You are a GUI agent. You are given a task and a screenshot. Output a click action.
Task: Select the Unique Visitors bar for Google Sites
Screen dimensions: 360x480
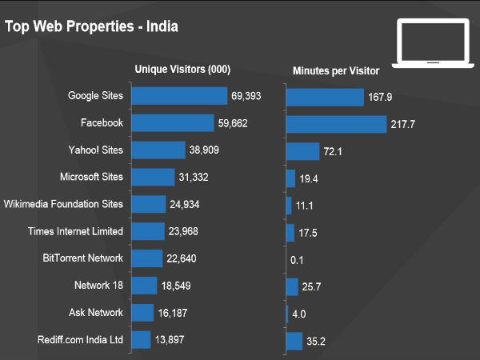click(x=179, y=96)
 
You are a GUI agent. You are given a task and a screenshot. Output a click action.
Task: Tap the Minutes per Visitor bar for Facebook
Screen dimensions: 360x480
click(x=336, y=124)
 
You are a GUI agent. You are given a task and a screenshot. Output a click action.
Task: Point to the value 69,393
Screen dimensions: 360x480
click(x=246, y=96)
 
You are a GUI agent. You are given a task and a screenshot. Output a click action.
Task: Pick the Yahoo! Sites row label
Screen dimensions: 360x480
click(x=96, y=150)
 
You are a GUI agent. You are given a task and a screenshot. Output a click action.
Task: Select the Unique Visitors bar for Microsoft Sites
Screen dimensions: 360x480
click(x=153, y=177)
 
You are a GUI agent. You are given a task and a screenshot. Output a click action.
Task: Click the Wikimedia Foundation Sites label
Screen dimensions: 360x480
click(x=64, y=204)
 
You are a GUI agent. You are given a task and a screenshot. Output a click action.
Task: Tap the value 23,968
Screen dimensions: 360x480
click(x=186, y=232)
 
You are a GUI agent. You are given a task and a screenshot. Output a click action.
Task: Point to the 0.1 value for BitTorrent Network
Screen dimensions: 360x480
click(x=297, y=260)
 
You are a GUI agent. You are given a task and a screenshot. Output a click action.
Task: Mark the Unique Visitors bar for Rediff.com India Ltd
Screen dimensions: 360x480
click(x=141, y=339)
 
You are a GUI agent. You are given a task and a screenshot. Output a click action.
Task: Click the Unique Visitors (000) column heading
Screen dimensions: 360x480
click(x=182, y=69)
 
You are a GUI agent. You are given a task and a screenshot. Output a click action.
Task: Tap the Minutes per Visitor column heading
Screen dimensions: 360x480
click(x=336, y=71)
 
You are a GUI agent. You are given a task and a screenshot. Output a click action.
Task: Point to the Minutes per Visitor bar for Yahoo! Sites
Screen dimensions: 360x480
click(x=302, y=151)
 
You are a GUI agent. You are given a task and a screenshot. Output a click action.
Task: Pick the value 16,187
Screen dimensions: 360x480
click(x=173, y=313)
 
